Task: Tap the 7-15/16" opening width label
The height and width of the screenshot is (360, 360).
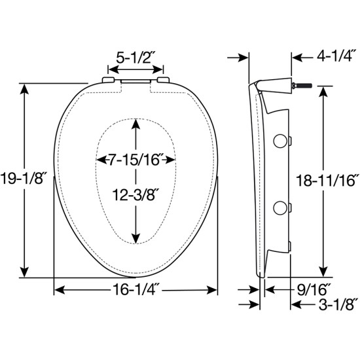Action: (x=135, y=160)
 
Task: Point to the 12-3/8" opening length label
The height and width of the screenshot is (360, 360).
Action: (x=135, y=194)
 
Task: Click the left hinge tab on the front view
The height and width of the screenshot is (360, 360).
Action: (x=109, y=81)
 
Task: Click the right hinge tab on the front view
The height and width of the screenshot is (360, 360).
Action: (x=162, y=81)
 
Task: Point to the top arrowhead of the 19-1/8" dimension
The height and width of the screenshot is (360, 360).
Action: (x=25, y=88)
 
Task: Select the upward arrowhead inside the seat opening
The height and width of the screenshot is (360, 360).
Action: (x=135, y=128)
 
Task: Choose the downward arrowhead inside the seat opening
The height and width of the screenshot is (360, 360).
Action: (x=135, y=237)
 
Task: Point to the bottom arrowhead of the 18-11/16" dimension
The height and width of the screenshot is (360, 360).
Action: (x=322, y=272)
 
